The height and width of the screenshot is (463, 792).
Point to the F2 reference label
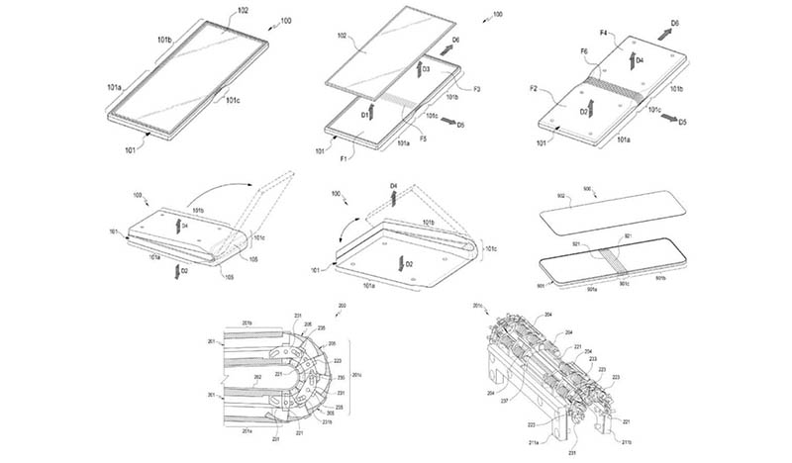(x=548, y=90)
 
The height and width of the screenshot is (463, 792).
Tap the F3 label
(x=477, y=89)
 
